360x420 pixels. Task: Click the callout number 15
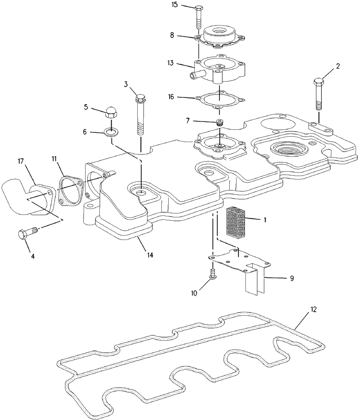pyautogui.click(x=175, y=5)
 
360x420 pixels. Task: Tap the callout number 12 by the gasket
pyautogui.click(x=313, y=310)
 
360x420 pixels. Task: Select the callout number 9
pyautogui.click(x=292, y=278)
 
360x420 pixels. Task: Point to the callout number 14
pyautogui.click(x=150, y=255)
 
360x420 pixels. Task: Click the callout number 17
pyautogui.click(x=21, y=161)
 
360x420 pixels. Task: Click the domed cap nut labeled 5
pyautogui.click(x=111, y=114)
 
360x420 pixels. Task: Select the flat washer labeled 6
pyautogui.click(x=111, y=132)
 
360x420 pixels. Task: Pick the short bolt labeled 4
pyautogui.click(x=28, y=233)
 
